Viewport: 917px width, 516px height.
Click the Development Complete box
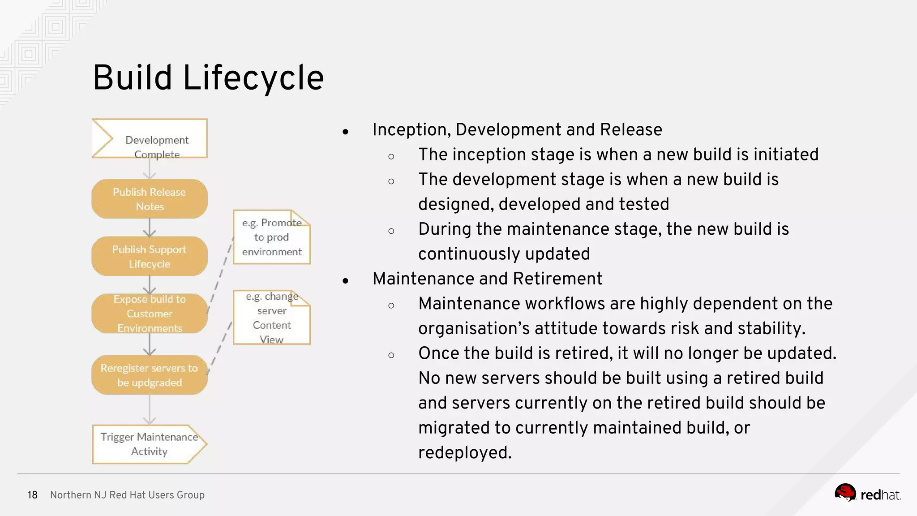[150, 139]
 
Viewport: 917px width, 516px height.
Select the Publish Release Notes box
[150, 199]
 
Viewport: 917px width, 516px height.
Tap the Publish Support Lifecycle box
[150, 256]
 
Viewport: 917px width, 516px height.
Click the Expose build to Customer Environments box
[150, 314]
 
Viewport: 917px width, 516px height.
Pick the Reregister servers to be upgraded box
[150, 375]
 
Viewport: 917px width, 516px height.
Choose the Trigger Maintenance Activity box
[150, 444]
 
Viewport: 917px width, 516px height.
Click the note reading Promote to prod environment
[271, 237]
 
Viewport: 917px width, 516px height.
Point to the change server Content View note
[271, 318]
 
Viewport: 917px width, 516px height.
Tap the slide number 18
[33, 495]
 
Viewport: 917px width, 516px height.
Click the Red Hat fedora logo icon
[845, 493]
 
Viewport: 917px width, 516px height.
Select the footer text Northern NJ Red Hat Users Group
[127, 495]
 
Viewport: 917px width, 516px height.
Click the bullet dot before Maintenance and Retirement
[345, 281]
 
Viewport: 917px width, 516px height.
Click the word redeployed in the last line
[464, 452]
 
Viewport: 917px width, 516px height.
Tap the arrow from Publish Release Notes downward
[150, 228]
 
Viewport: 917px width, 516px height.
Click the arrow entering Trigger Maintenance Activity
[150, 410]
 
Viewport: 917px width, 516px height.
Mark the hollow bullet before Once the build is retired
[391, 355]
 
